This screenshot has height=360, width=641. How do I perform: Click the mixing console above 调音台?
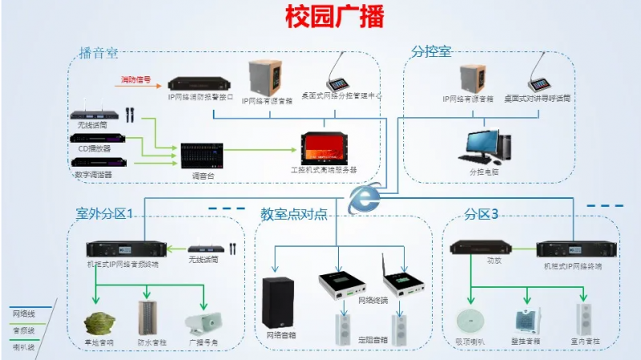click(199, 153)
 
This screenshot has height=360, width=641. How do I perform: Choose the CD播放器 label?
click(95, 149)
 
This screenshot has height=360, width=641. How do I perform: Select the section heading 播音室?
click(98, 53)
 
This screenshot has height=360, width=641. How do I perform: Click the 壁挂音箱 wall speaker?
click(526, 322)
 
